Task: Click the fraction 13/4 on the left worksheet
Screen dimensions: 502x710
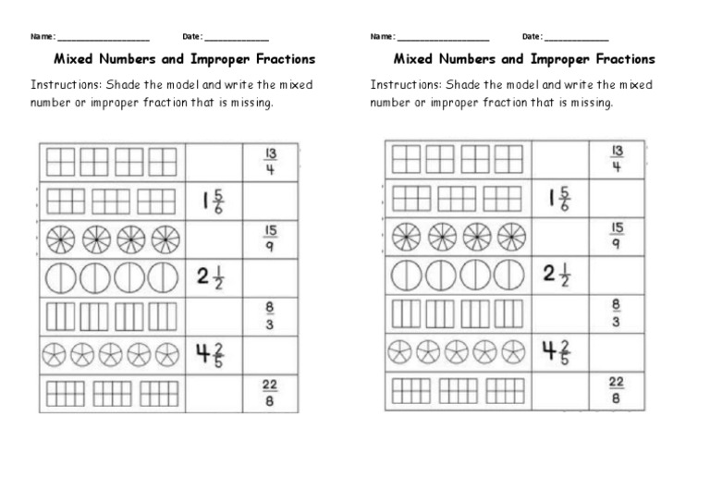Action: coord(270,161)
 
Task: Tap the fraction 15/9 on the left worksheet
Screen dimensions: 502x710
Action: coord(270,239)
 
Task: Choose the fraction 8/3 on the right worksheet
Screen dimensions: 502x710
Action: coord(616,313)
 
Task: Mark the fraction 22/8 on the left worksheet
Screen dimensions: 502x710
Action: coord(270,393)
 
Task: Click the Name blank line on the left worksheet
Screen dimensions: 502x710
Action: coord(103,39)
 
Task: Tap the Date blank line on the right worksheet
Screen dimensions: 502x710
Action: coord(576,39)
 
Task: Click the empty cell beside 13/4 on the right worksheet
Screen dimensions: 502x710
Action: coord(559,159)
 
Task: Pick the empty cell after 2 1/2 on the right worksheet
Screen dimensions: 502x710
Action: coord(616,275)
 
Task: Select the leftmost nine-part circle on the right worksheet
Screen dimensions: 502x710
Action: coord(405,237)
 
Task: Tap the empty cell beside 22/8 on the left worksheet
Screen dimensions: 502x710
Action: coord(213,393)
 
